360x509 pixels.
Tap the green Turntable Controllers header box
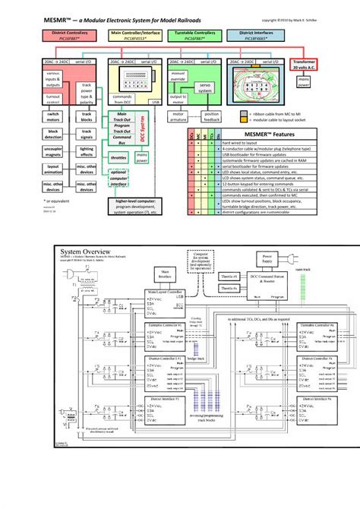click(194, 36)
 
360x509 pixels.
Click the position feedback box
click(213, 117)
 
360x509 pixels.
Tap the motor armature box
click(180, 117)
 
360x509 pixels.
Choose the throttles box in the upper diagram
click(118, 158)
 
